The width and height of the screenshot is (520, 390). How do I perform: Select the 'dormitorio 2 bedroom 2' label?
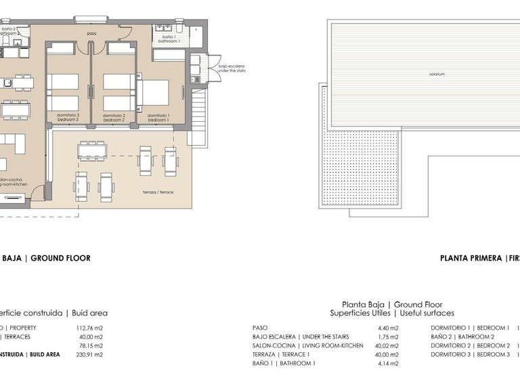pos(113,117)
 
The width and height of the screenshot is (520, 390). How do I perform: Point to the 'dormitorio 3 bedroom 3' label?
pos(68,117)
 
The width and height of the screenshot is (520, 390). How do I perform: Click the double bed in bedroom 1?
pos(156,93)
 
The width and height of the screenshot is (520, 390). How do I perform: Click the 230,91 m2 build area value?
pos(89,354)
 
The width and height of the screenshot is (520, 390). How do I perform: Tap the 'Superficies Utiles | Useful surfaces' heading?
pos(392,313)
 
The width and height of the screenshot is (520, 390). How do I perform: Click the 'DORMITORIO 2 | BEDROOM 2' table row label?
pos(470,345)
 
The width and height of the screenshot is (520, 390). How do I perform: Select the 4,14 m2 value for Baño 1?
pos(388,364)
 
